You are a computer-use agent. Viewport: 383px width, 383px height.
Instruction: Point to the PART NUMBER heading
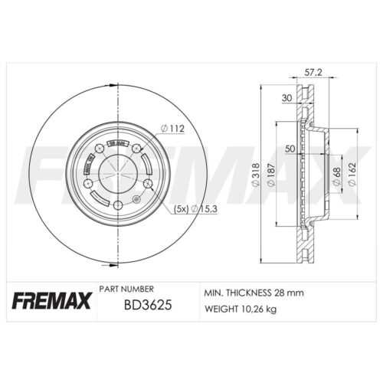[126, 289]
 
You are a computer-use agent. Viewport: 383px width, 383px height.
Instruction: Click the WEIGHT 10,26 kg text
[239, 309]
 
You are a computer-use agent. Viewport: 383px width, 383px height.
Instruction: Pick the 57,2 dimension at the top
[312, 72]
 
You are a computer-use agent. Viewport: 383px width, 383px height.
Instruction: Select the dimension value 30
[287, 98]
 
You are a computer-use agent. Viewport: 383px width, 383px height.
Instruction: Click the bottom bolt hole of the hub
[117, 207]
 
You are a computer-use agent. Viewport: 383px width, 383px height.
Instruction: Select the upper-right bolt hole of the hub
[136, 148]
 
